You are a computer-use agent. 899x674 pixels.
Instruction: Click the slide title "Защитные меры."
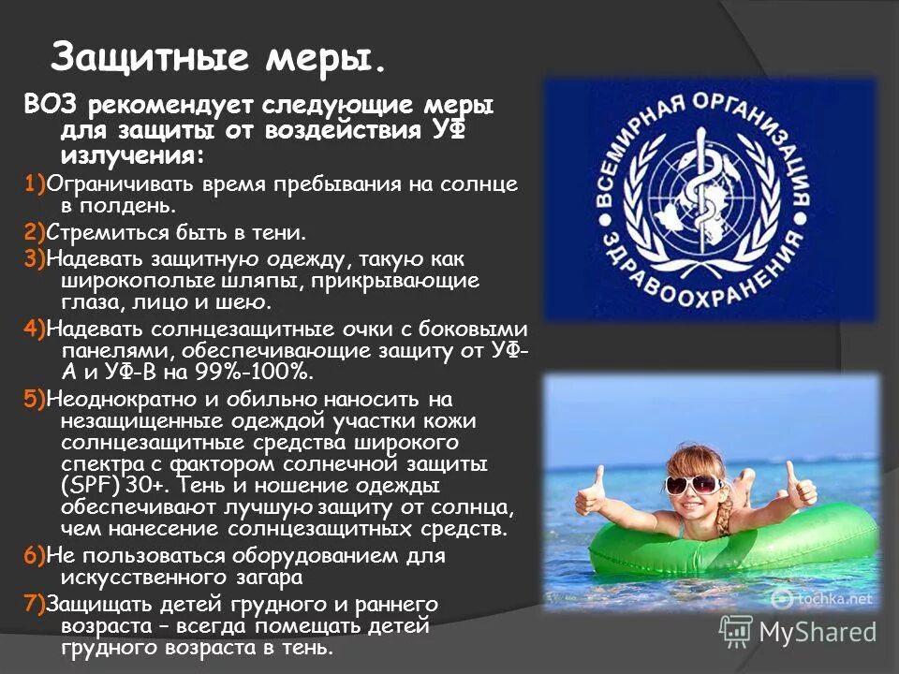(217, 59)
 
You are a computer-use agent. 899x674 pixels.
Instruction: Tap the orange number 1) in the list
(36, 183)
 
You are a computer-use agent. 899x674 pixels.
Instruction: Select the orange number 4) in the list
(36, 330)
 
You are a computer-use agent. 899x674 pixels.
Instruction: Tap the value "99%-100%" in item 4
(259, 373)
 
